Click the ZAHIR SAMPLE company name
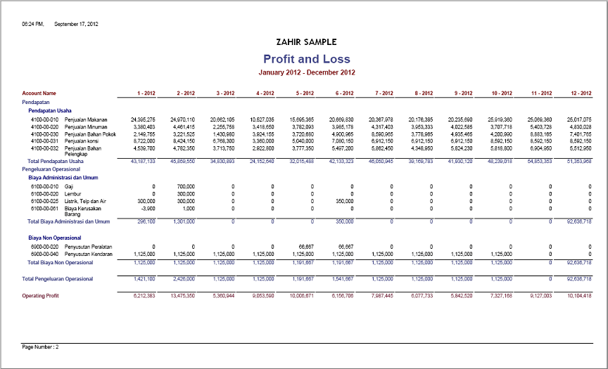(x=307, y=42)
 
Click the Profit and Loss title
(x=307, y=59)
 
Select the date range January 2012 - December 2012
(x=307, y=72)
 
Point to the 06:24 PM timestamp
(x=33, y=24)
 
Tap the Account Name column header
(x=39, y=93)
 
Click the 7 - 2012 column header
(x=385, y=93)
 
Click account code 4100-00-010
(x=44, y=119)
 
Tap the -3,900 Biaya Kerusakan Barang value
(x=146, y=209)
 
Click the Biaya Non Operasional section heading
(x=54, y=238)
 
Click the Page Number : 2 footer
(x=41, y=347)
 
